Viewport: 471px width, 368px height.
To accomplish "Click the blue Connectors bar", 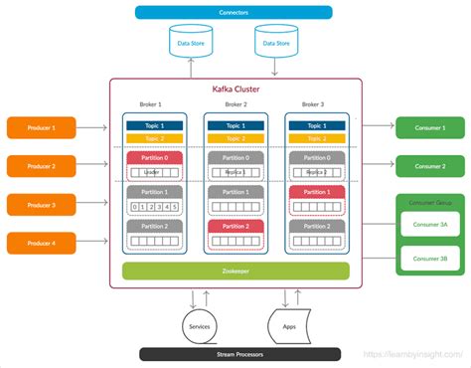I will (235, 12).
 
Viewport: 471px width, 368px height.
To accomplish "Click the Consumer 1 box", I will (429, 127).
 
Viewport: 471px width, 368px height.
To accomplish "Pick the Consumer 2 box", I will (429, 165).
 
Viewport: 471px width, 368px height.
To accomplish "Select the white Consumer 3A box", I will (429, 224).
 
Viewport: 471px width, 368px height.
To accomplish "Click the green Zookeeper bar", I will (235, 270).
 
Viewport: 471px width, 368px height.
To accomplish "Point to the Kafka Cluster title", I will (235, 90).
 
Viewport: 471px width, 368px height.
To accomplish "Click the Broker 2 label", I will (235, 105).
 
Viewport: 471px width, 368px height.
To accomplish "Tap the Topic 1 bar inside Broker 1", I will (154, 124).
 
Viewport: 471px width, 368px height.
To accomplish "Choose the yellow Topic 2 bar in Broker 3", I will (317, 137).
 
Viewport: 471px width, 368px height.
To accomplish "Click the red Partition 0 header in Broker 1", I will (154, 158).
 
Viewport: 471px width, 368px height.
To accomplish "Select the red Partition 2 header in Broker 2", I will (235, 227).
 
